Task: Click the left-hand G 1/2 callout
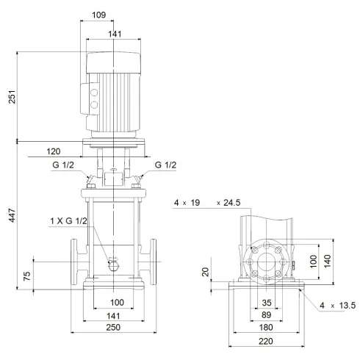(x=62, y=165)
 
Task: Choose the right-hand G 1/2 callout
(x=166, y=165)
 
